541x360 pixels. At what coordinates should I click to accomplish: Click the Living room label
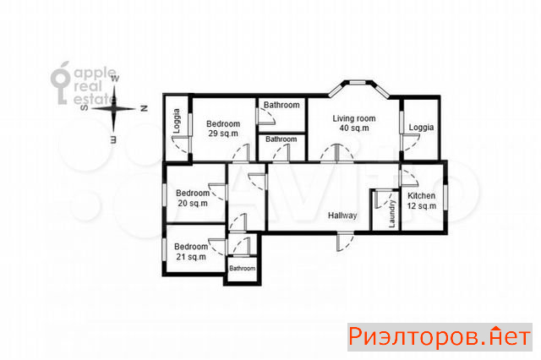tap(354, 118)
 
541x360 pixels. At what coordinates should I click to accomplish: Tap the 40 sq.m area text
tap(354, 128)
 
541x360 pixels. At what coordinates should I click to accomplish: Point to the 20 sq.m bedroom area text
tap(193, 204)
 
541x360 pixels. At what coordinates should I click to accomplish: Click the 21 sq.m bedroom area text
tap(191, 257)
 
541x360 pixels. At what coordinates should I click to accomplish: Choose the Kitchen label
tap(421, 196)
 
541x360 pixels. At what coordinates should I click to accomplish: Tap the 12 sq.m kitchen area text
tap(422, 206)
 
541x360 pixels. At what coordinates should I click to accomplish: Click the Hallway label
tap(342, 215)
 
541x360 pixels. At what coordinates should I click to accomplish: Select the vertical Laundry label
tap(392, 214)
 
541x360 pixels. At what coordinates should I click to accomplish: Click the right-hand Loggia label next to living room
tap(421, 128)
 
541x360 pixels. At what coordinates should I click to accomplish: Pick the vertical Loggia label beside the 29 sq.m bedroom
tap(177, 121)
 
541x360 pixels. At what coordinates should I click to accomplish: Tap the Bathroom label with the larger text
tap(281, 105)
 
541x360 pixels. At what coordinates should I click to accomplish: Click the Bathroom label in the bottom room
tap(243, 268)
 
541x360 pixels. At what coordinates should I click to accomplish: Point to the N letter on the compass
tap(145, 108)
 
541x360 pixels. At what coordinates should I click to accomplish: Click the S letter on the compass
tap(84, 108)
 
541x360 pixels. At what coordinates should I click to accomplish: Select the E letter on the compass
tap(113, 139)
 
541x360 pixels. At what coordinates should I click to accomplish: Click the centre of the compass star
tap(114, 109)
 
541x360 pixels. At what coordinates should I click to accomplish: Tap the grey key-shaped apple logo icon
tap(60, 83)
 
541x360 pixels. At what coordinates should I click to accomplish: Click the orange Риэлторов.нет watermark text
tap(440, 337)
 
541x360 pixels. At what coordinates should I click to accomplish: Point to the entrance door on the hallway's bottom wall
tap(344, 243)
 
